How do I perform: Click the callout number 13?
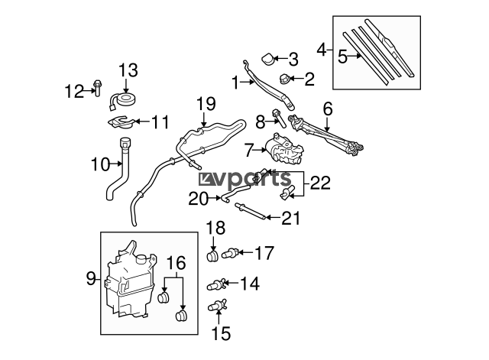(128, 70)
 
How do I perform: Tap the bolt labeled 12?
(97, 88)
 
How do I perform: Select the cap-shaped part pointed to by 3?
(267, 60)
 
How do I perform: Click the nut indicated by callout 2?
(283, 79)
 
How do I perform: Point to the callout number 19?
(206, 104)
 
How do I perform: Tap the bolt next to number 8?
(279, 118)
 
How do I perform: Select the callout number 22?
(320, 183)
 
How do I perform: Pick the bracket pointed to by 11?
(120, 122)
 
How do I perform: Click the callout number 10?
(100, 164)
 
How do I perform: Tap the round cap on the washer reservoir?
(141, 258)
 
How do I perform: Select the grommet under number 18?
(212, 256)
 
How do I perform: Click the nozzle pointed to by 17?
(230, 252)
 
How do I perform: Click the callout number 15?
(221, 333)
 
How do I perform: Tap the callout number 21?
(290, 218)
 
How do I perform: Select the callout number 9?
(91, 278)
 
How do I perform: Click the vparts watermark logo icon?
(206, 179)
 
